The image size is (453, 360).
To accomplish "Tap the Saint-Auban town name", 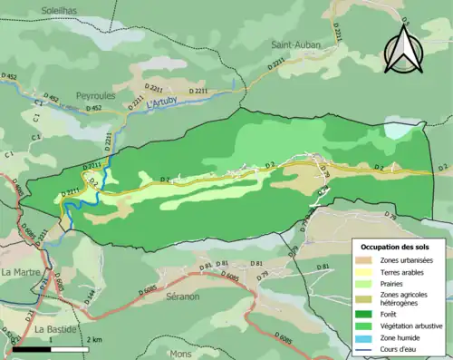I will (297, 44).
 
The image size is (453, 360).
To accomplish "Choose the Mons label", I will (181, 353).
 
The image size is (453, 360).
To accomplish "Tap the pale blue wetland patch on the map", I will (397, 129).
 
